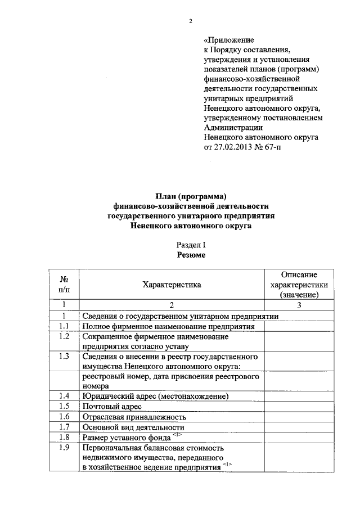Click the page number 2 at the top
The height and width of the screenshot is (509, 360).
click(190, 21)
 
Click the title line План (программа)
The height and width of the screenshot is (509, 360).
click(191, 196)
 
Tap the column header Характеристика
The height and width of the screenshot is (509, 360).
click(172, 285)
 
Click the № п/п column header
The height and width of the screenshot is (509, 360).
click(64, 285)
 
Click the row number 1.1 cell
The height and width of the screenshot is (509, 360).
click(64, 326)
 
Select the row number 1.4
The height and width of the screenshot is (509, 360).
click(64, 396)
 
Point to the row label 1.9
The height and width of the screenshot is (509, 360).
click(64, 448)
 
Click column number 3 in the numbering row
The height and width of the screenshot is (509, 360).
click(299, 305)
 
